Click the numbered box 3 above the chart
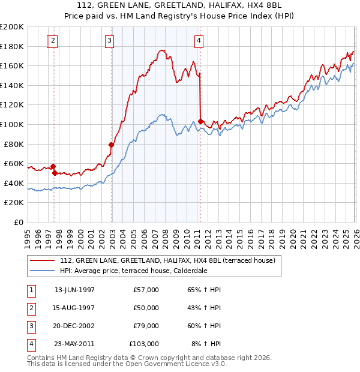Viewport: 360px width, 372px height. coord(110,41)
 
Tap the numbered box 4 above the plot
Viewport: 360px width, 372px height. coord(199,41)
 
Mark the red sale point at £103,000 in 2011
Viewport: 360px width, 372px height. coord(200,121)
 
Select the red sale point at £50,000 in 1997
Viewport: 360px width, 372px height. coord(55,173)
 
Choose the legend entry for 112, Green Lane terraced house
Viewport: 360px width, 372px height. coord(167,260)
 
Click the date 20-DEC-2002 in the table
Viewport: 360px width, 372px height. coord(74,326)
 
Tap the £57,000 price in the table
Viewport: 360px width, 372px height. coord(146,290)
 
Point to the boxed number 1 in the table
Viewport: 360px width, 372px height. coord(31,290)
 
